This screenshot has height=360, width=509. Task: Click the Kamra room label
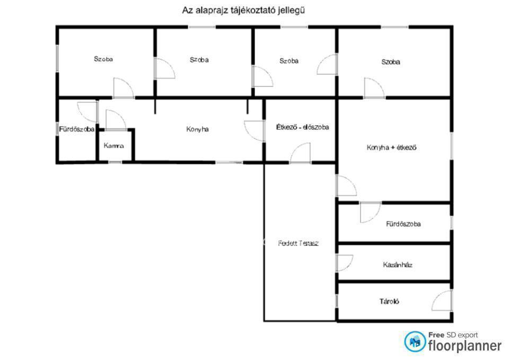pyautogui.click(x=113, y=145)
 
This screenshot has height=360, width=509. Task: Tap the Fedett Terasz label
pyautogui.click(x=299, y=243)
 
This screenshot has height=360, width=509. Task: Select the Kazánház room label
pyautogui.click(x=398, y=265)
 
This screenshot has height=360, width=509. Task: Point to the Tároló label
pyautogui.click(x=389, y=301)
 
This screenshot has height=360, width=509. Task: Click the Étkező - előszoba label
pyautogui.click(x=303, y=127)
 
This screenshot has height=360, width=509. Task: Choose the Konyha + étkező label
pyautogui.click(x=391, y=147)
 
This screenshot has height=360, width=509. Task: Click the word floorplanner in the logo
pyautogui.click(x=464, y=346)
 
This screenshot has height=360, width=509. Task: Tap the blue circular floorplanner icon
pyautogui.click(x=415, y=341)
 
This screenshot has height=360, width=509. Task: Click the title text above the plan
pyautogui.click(x=243, y=11)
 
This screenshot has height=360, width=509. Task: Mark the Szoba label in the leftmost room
pyautogui.click(x=103, y=59)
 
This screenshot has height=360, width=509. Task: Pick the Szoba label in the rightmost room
pyautogui.click(x=391, y=62)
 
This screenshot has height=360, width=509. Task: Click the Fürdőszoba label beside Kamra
pyautogui.click(x=77, y=129)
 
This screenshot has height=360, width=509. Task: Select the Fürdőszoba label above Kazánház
pyautogui.click(x=403, y=224)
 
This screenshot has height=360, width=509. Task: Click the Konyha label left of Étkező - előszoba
pyautogui.click(x=197, y=129)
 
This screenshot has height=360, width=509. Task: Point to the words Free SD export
pyautogui.click(x=453, y=335)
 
